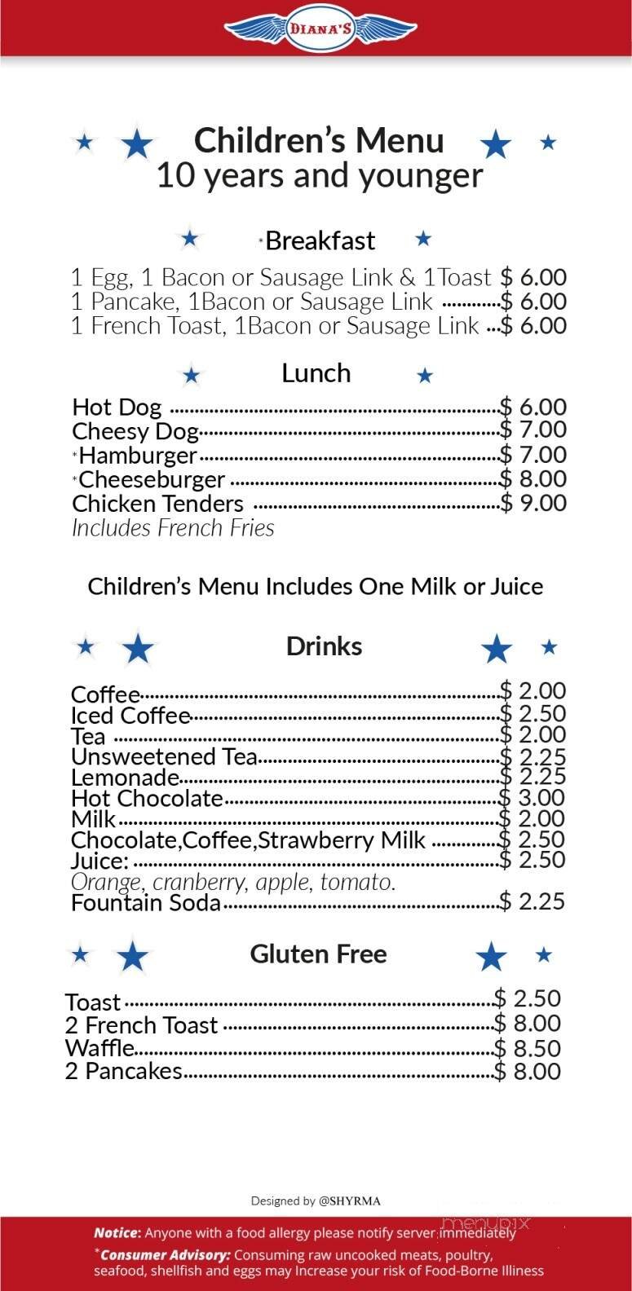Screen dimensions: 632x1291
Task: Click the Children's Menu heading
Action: click(319, 140)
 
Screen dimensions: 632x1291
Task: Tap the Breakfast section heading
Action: click(320, 240)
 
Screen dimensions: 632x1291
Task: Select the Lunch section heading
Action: click(316, 373)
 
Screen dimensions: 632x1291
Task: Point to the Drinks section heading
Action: click(324, 646)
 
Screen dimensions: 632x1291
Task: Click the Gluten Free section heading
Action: click(318, 954)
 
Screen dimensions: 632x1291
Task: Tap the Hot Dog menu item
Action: click(117, 407)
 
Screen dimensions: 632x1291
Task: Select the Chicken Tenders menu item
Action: click(157, 504)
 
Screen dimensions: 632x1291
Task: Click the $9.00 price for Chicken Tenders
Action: click(533, 503)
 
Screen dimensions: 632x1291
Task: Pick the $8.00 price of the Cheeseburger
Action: click(533, 478)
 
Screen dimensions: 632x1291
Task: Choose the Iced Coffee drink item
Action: click(130, 716)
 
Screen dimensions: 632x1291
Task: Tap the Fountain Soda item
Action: click(146, 902)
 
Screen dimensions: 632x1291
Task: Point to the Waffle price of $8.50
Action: click(528, 1048)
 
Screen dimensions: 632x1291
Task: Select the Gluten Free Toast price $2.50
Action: click(528, 998)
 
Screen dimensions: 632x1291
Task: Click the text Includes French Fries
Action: click(173, 528)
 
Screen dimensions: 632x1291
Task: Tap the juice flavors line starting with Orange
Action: click(233, 882)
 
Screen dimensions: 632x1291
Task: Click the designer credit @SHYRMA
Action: click(350, 1201)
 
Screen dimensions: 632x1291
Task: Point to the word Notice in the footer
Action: click(117, 1232)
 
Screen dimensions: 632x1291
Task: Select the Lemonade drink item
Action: click(125, 777)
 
